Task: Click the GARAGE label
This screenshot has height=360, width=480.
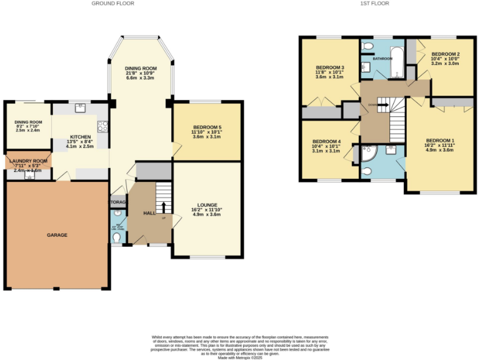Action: (x=57, y=235)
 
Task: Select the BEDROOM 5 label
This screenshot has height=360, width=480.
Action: (x=206, y=127)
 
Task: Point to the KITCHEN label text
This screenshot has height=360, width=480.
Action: (x=81, y=137)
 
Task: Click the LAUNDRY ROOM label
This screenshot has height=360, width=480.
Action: (x=27, y=161)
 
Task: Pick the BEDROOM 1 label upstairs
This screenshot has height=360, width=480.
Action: (x=440, y=140)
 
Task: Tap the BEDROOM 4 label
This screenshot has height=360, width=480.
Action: (x=326, y=141)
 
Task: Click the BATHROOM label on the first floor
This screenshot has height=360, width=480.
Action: (x=382, y=59)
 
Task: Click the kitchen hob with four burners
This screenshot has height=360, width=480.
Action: (x=102, y=126)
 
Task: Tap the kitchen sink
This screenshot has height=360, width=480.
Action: (x=80, y=108)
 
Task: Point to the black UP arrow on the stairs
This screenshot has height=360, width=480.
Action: (x=164, y=209)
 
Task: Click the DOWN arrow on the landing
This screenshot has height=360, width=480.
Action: (x=378, y=104)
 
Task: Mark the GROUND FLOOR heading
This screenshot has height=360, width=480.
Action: (x=112, y=4)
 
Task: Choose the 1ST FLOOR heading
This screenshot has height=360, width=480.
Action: (x=375, y=4)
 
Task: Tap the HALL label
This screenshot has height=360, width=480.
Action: (x=149, y=213)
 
